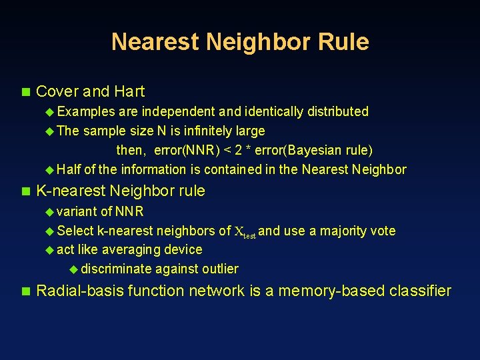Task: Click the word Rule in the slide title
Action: (x=344, y=42)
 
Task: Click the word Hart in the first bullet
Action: (x=129, y=91)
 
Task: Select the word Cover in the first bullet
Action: (x=57, y=91)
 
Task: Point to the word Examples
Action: (x=86, y=111)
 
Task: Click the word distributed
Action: (x=335, y=111)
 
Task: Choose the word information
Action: (x=161, y=169)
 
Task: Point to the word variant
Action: (x=77, y=211)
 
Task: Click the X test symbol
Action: (x=245, y=232)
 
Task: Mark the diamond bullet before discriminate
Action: (x=73, y=269)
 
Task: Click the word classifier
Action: (x=422, y=291)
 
